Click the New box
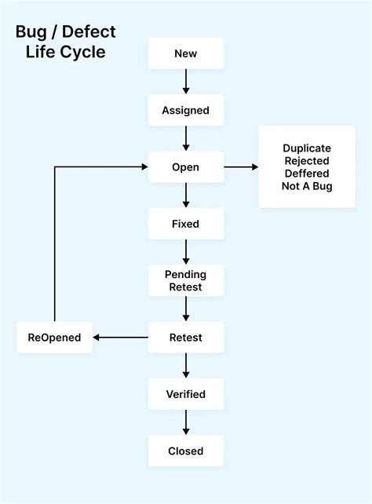(x=186, y=53)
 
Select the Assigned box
(x=186, y=110)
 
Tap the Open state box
(x=186, y=166)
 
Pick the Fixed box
(x=186, y=224)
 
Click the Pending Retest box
(x=186, y=280)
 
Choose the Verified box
(x=186, y=394)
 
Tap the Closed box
(x=186, y=451)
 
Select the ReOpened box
(x=54, y=338)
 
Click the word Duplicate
(x=307, y=148)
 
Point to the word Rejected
(x=307, y=160)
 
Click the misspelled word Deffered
(x=307, y=173)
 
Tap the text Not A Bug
(x=307, y=186)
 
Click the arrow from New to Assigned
(x=186, y=82)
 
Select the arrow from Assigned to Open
(x=186, y=138)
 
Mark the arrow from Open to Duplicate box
(x=241, y=166)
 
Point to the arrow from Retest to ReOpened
(x=119, y=338)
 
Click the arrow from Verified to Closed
(x=186, y=422)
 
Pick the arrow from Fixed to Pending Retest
(x=186, y=252)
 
